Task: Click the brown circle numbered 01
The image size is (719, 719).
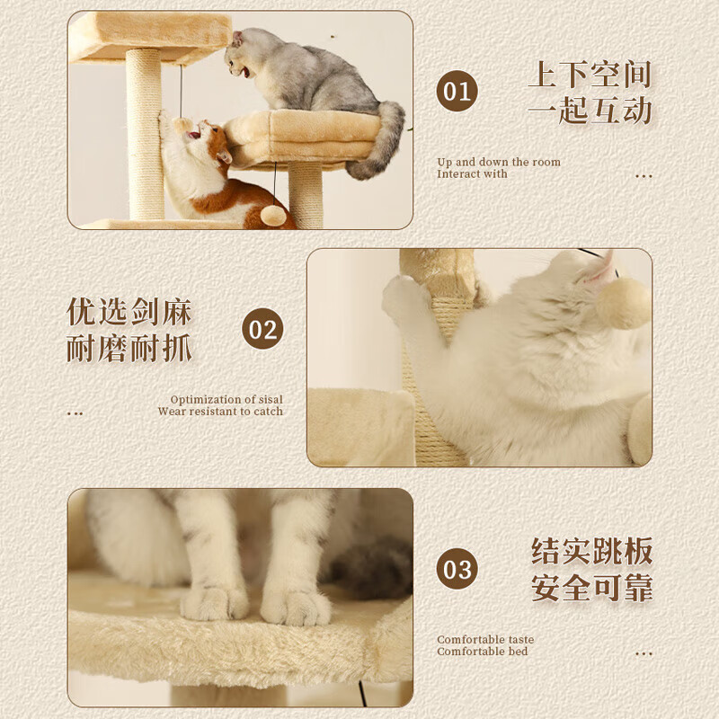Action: click(x=457, y=93)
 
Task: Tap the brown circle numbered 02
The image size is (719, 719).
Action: click(x=262, y=330)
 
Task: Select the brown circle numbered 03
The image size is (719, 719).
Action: click(x=457, y=569)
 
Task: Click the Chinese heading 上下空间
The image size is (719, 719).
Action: click(x=590, y=75)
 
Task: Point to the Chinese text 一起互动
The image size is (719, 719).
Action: click(x=590, y=111)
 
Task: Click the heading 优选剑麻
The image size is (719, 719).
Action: click(x=129, y=312)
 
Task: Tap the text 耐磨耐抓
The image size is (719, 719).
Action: click(x=129, y=349)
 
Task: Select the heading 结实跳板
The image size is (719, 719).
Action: click(x=591, y=551)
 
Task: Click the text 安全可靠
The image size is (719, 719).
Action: click(x=591, y=589)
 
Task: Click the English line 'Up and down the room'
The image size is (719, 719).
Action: click(x=499, y=163)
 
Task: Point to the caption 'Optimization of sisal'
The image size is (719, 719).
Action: click(x=226, y=400)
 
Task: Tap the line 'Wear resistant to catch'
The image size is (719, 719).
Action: click(x=220, y=412)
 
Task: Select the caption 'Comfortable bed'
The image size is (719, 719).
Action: click(x=483, y=652)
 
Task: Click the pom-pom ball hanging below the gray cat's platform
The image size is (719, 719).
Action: click(x=274, y=215)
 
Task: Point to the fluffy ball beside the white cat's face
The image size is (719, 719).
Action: click(x=623, y=304)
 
